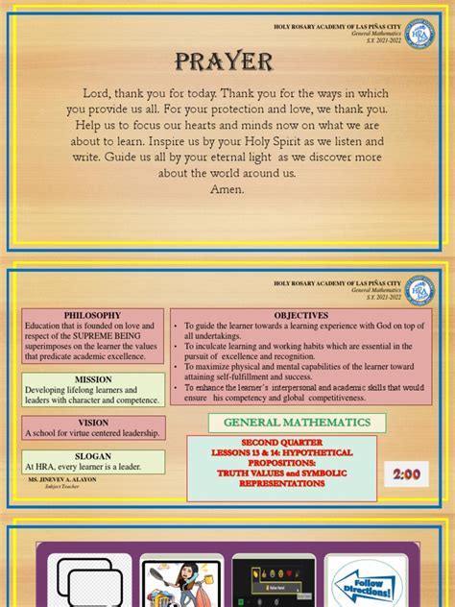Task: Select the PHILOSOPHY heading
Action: coord(92,315)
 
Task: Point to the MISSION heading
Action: coord(93,378)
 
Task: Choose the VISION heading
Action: coord(93,422)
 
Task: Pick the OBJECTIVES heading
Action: coord(300,315)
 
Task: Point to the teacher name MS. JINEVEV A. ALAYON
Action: coord(62,478)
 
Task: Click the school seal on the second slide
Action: coord(419,289)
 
